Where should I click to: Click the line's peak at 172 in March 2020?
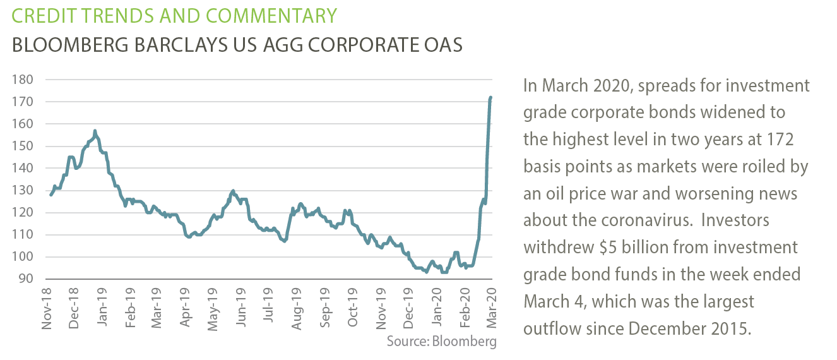click(491, 97)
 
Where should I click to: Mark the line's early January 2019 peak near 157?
click(95, 131)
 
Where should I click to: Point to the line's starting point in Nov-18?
click(50, 195)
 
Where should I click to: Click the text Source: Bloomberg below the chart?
click(442, 342)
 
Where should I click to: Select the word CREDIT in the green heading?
click(42, 15)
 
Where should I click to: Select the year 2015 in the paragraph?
click(732, 328)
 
